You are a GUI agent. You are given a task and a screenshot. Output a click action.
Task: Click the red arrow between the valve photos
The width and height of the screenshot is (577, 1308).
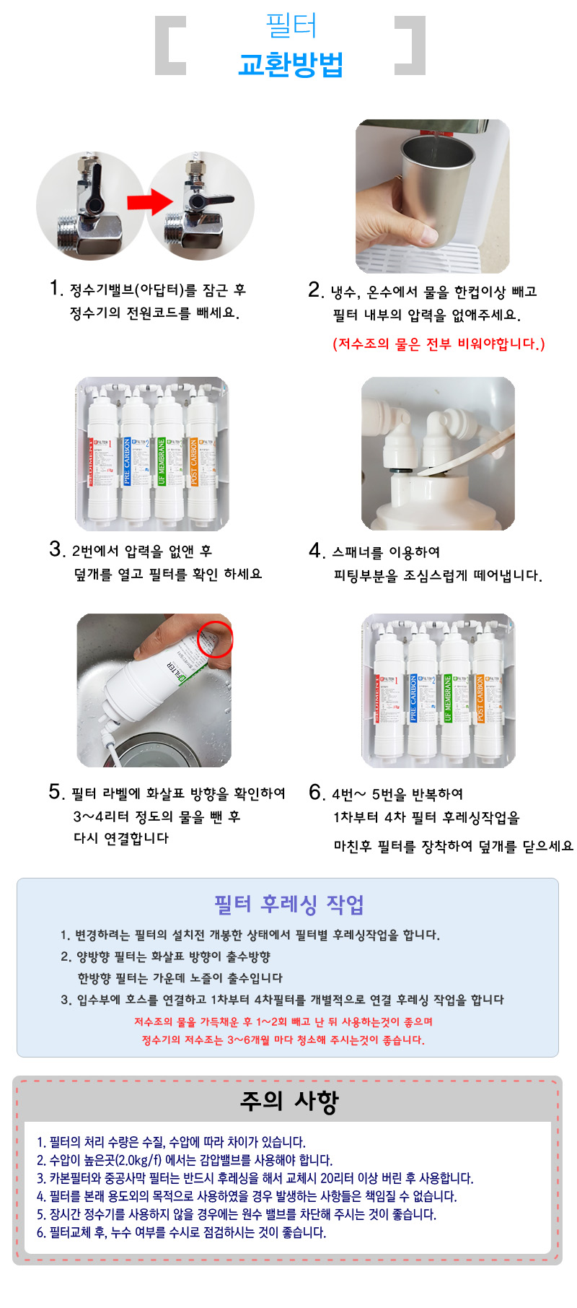click(x=149, y=201)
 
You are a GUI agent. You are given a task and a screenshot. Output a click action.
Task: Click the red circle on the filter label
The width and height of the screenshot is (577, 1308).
click(x=216, y=637)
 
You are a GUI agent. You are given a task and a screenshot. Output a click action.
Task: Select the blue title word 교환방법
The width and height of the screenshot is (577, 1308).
click(x=290, y=64)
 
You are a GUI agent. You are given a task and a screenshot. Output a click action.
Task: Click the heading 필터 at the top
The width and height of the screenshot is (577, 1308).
click(x=291, y=25)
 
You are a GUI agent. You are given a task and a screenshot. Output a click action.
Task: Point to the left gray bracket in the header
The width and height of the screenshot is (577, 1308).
click(x=169, y=45)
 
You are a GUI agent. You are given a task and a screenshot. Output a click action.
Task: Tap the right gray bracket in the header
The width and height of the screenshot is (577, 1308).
click(x=410, y=45)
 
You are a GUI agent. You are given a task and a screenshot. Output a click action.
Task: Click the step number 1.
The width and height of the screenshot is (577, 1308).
click(x=56, y=289)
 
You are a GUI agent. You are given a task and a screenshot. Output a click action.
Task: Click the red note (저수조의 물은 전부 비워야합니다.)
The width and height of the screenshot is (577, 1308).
click(x=439, y=344)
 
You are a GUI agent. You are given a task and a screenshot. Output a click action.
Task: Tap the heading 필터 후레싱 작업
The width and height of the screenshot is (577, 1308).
click(x=288, y=904)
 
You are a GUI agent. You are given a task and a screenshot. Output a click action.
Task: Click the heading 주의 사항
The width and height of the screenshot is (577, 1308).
click(x=288, y=1102)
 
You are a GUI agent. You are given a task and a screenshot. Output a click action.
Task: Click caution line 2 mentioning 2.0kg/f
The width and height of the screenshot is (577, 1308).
click(x=185, y=1160)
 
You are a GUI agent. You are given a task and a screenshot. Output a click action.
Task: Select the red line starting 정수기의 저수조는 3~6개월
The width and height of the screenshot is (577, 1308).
click(x=283, y=1040)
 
